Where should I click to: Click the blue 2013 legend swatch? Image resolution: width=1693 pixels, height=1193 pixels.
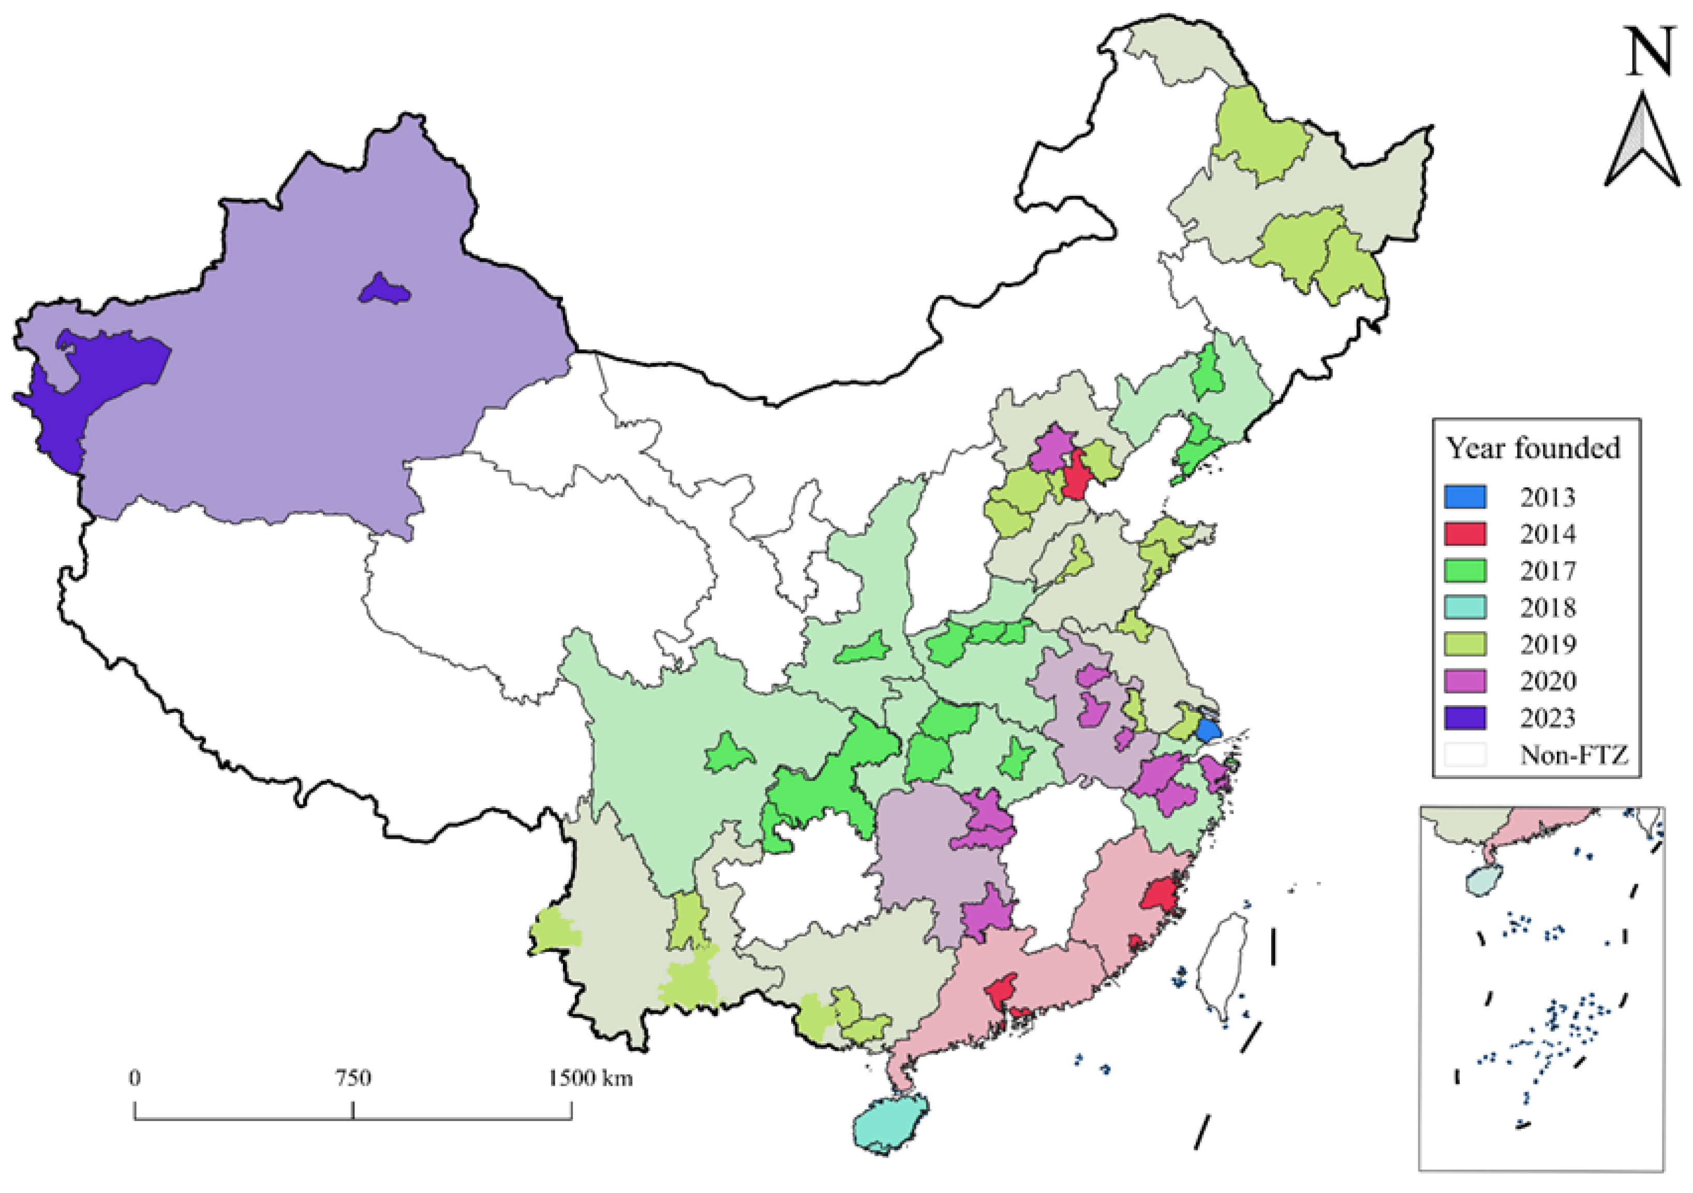pyautogui.click(x=1464, y=497)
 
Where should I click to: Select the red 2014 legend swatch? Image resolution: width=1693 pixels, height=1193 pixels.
pyautogui.click(x=1464, y=534)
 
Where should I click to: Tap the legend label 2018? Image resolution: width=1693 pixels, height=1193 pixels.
pyautogui.click(x=1547, y=607)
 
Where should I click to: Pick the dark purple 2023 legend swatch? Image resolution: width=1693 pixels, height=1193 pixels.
pyautogui.click(x=1464, y=718)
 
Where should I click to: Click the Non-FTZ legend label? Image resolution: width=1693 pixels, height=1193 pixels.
pyautogui.click(x=1573, y=754)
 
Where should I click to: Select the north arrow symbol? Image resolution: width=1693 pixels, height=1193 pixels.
pyautogui.click(x=1643, y=144)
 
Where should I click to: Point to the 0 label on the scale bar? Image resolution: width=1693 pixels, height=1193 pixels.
pyautogui.click(x=134, y=1078)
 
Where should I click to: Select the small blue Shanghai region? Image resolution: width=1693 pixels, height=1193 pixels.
pyautogui.click(x=1208, y=730)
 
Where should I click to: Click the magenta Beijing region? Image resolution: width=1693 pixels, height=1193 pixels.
pyautogui.click(x=1051, y=448)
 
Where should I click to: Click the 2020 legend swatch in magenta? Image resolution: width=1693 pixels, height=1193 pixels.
pyautogui.click(x=1464, y=680)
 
